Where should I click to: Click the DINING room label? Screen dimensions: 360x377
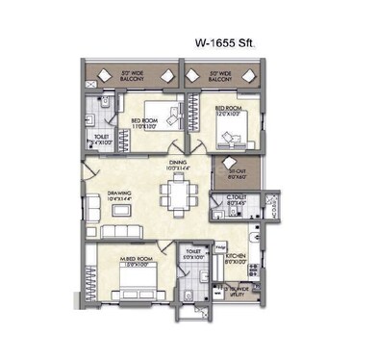pos(177,166)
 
